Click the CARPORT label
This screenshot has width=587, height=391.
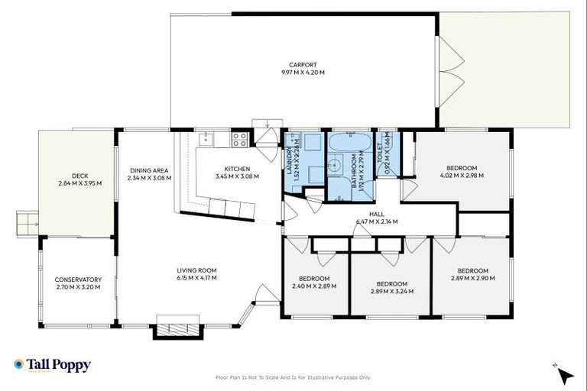tap(303, 65)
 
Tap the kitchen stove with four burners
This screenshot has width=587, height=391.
tap(239, 139)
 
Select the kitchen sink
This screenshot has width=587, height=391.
tap(205, 139)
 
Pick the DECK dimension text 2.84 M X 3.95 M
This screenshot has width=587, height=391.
tap(74, 183)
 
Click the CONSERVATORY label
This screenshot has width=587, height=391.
tap(78, 280)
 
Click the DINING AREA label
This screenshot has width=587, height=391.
tap(149, 170)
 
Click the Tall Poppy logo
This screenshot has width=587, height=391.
tap(52, 365)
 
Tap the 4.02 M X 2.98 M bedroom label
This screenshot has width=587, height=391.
tap(460, 176)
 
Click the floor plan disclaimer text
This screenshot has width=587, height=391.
tap(293, 377)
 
